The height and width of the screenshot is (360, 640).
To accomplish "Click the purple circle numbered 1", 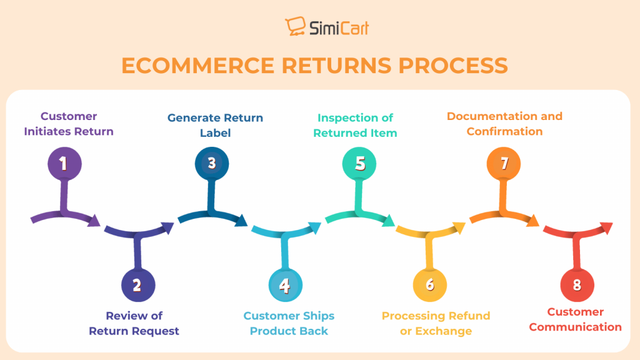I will pos(64,164).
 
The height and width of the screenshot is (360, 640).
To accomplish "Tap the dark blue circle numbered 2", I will pos(137,286).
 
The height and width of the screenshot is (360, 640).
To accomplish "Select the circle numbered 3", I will pos(212,164).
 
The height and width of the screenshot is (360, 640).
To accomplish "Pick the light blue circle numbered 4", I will pos(285,286).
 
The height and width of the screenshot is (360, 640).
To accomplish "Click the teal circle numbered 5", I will pos(359,164).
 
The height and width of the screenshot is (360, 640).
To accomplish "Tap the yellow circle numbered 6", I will pos(430,285).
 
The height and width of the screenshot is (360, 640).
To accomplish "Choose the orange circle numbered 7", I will pos(504,164).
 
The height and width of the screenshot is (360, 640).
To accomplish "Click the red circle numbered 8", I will pos(577,285).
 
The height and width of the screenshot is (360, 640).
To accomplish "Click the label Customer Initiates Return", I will pos(69,124).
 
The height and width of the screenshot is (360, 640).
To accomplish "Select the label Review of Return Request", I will pos(134,323).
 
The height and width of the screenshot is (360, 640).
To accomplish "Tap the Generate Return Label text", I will pos(215,125).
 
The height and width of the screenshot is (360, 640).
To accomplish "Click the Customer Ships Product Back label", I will pos(289,323).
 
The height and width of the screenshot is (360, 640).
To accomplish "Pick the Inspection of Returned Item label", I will pos(355,125).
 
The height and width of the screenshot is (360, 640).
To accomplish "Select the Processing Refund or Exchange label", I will pos(436,323).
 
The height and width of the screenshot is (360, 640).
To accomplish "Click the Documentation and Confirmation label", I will pos(504,124).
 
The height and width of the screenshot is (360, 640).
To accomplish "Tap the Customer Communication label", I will pos(576,319).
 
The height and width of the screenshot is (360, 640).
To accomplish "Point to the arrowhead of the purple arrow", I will pos(94,220).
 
